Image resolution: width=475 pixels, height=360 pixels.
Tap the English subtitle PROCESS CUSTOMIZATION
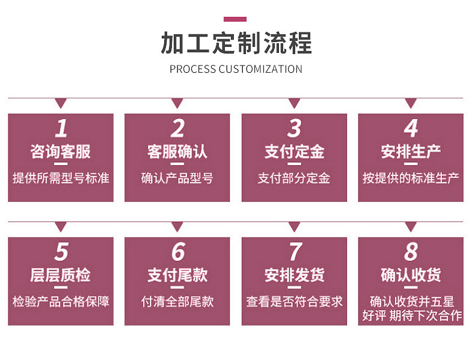click(236, 69)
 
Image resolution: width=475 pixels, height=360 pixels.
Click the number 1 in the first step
click(61, 128)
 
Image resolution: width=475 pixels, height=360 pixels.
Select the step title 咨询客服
click(61, 151)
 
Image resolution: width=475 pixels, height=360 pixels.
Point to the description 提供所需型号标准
click(61, 178)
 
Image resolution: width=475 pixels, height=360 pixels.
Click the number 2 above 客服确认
click(177, 128)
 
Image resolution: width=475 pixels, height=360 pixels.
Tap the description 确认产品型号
click(177, 178)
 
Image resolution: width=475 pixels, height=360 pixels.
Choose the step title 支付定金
click(294, 151)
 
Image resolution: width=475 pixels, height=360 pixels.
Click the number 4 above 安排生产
click(411, 128)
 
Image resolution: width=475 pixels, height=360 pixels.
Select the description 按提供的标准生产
click(411, 178)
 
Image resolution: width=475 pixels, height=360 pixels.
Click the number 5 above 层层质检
click(61, 252)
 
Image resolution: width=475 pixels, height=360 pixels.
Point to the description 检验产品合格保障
click(61, 301)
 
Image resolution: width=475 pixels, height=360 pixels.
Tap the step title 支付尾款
click(177, 275)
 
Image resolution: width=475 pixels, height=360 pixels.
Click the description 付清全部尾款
click(177, 301)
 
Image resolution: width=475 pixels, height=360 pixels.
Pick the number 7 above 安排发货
click(294, 252)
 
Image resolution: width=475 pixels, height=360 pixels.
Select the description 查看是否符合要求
click(294, 301)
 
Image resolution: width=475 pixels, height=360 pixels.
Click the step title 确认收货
click(411, 275)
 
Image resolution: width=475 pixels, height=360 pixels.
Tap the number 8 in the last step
click(411, 252)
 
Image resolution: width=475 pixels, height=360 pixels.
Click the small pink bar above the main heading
click(235, 19)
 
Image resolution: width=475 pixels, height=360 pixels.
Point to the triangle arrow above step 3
click(294, 103)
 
